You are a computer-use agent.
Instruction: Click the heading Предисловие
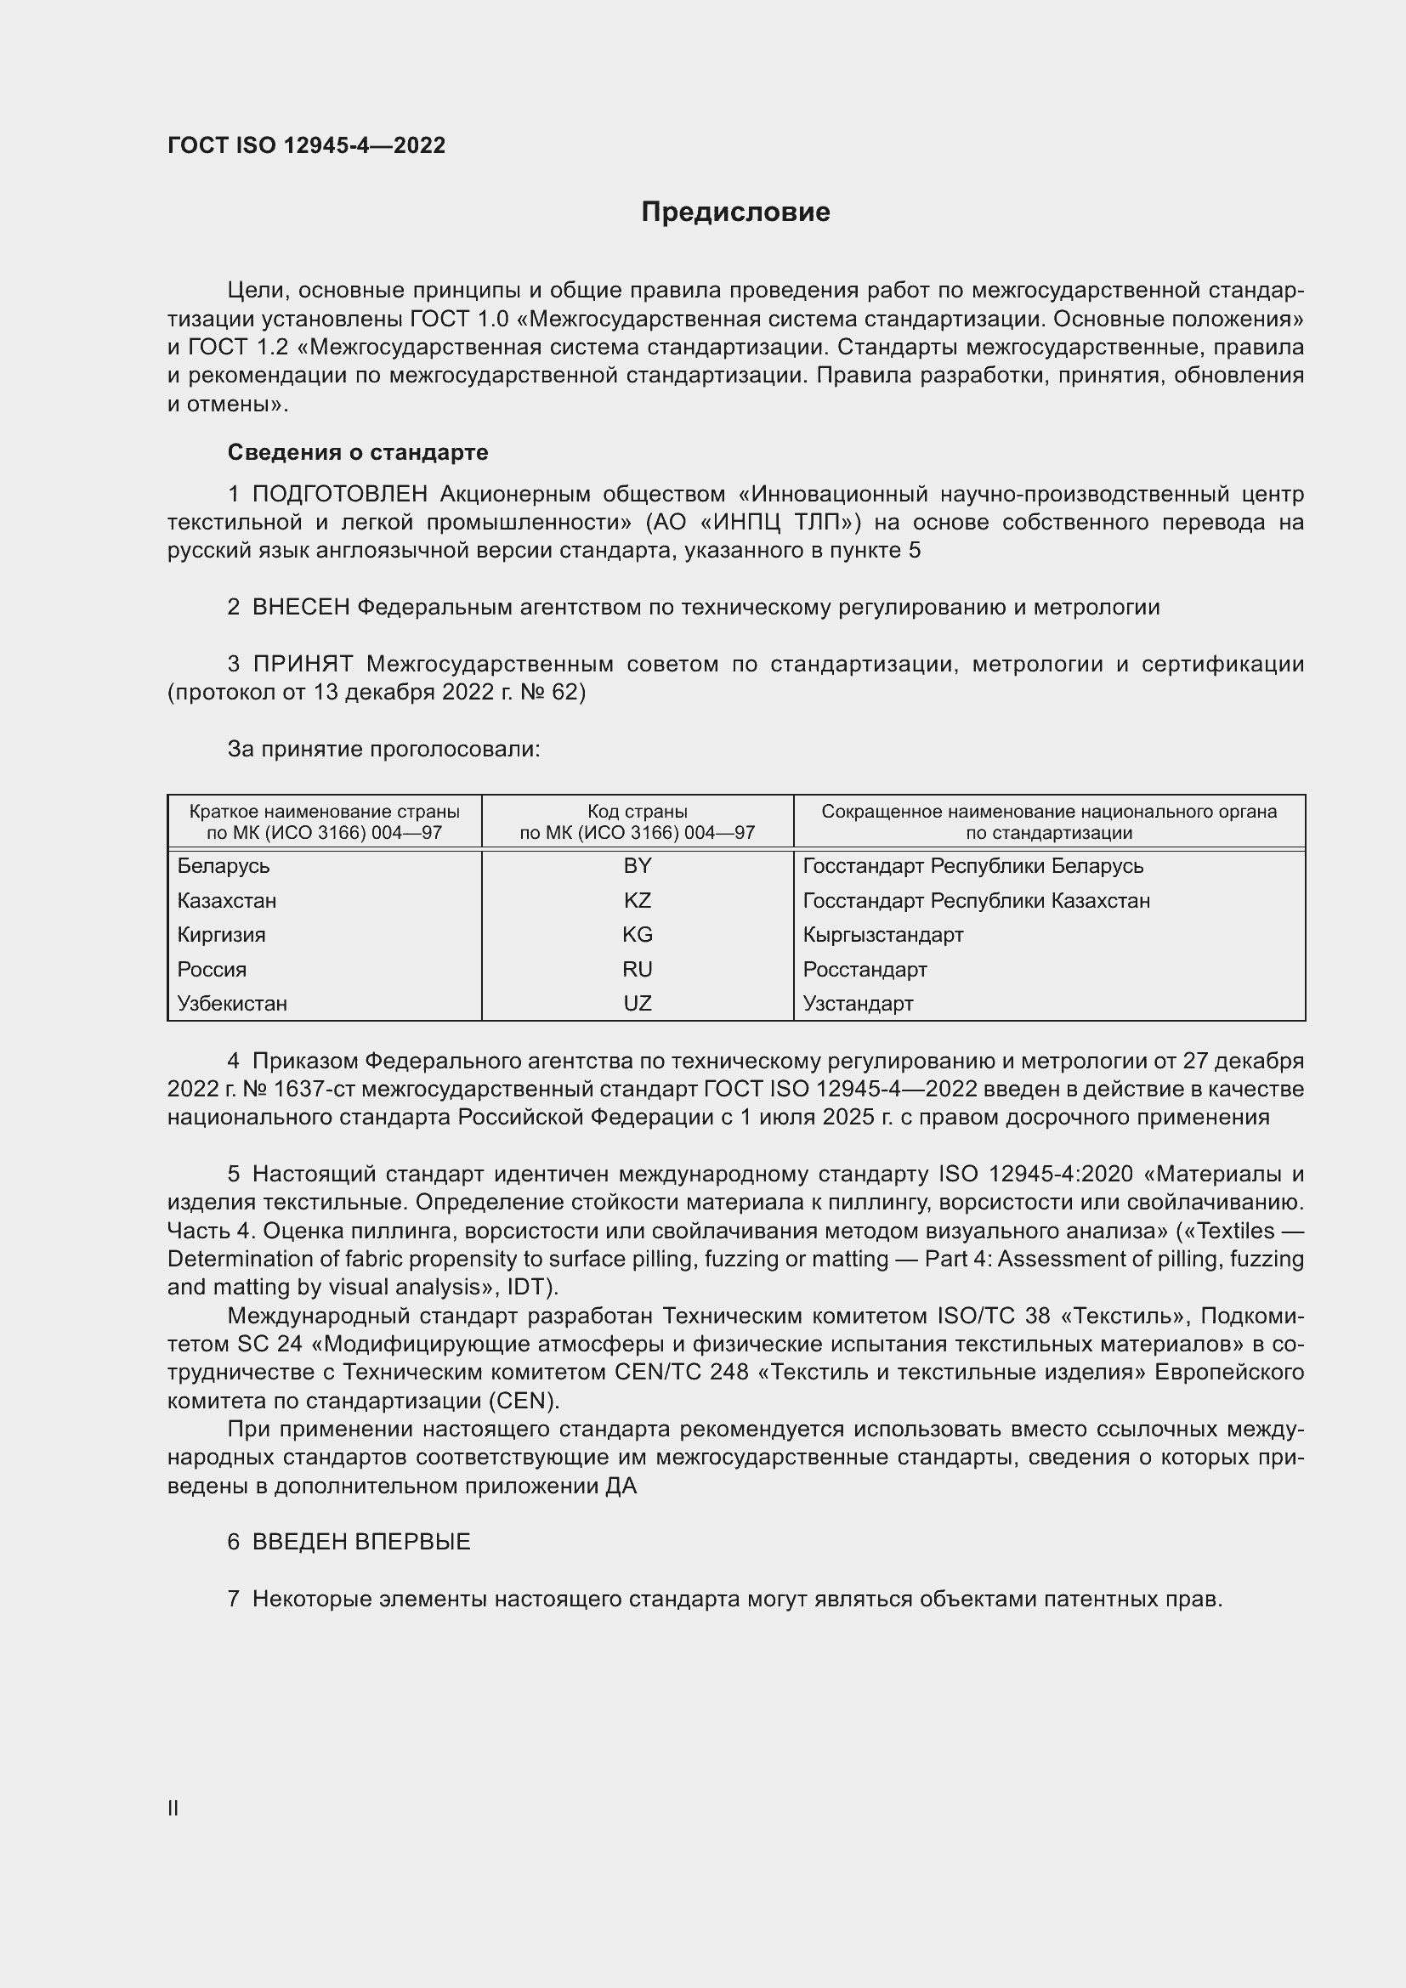[735, 212]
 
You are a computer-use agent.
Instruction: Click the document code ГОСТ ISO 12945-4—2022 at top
[307, 145]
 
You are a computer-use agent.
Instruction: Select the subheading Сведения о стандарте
[358, 452]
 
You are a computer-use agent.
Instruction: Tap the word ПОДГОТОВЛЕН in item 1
[339, 495]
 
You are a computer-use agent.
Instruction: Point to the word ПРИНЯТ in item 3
[302, 664]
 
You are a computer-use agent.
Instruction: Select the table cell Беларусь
[224, 866]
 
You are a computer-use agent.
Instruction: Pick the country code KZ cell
[638, 900]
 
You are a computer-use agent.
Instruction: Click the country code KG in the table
[638, 934]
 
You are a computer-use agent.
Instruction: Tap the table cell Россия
[213, 969]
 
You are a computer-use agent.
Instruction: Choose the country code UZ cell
[638, 1004]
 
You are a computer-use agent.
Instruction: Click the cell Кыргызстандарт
[883, 934]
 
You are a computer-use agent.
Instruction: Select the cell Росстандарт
[865, 969]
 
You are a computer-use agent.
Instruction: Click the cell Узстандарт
[858, 1004]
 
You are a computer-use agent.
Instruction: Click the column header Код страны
[638, 812]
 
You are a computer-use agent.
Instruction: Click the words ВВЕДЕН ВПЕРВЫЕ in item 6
[361, 1542]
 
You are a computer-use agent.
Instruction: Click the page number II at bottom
[173, 1808]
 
